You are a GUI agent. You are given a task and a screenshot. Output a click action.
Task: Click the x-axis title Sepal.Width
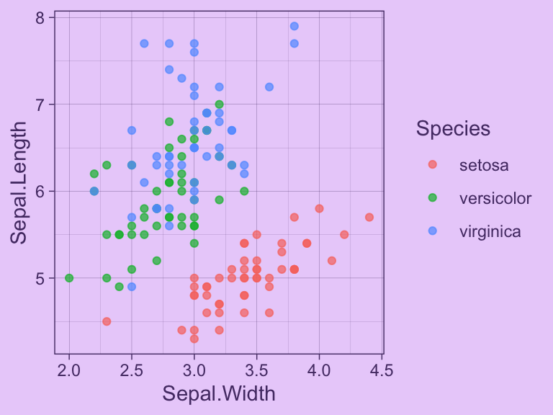pyautogui.click(x=218, y=393)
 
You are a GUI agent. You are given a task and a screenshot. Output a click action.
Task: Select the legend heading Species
pyautogui.click(x=453, y=129)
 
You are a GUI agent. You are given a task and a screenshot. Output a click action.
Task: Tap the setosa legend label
pyautogui.click(x=484, y=165)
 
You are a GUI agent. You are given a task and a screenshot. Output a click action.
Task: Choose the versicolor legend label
pyautogui.click(x=495, y=198)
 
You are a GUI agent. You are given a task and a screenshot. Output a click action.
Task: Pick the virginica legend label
pyautogui.click(x=490, y=231)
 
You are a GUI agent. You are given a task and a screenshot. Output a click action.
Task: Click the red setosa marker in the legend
pyautogui.click(x=432, y=165)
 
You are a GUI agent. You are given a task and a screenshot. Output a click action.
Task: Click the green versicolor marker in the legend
pyautogui.click(x=432, y=198)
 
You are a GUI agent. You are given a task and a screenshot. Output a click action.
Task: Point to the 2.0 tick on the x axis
pyautogui.click(x=69, y=370)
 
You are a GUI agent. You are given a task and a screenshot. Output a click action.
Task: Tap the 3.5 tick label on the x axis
pyautogui.click(x=256, y=370)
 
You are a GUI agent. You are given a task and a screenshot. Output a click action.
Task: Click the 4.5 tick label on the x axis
pyautogui.click(x=382, y=370)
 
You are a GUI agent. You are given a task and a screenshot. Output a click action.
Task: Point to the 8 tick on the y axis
pyautogui.click(x=40, y=17)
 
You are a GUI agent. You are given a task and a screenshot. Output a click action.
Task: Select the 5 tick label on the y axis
pyautogui.click(x=40, y=278)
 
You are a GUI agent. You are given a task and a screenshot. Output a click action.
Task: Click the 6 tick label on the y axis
pyautogui.click(x=40, y=191)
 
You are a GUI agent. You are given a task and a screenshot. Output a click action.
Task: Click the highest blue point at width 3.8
pyautogui.click(x=294, y=26)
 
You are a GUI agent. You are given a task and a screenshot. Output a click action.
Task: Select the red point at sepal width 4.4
pyautogui.click(x=369, y=217)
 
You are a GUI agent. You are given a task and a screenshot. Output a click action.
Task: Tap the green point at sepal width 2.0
pyautogui.click(x=69, y=278)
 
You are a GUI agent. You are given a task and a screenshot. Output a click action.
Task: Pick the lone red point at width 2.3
pyautogui.click(x=107, y=321)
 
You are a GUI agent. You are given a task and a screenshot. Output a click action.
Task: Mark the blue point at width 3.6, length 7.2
pyautogui.click(x=269, y=87)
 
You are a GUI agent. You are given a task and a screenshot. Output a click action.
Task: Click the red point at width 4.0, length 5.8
pyautogui.click(x=319, y=208)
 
